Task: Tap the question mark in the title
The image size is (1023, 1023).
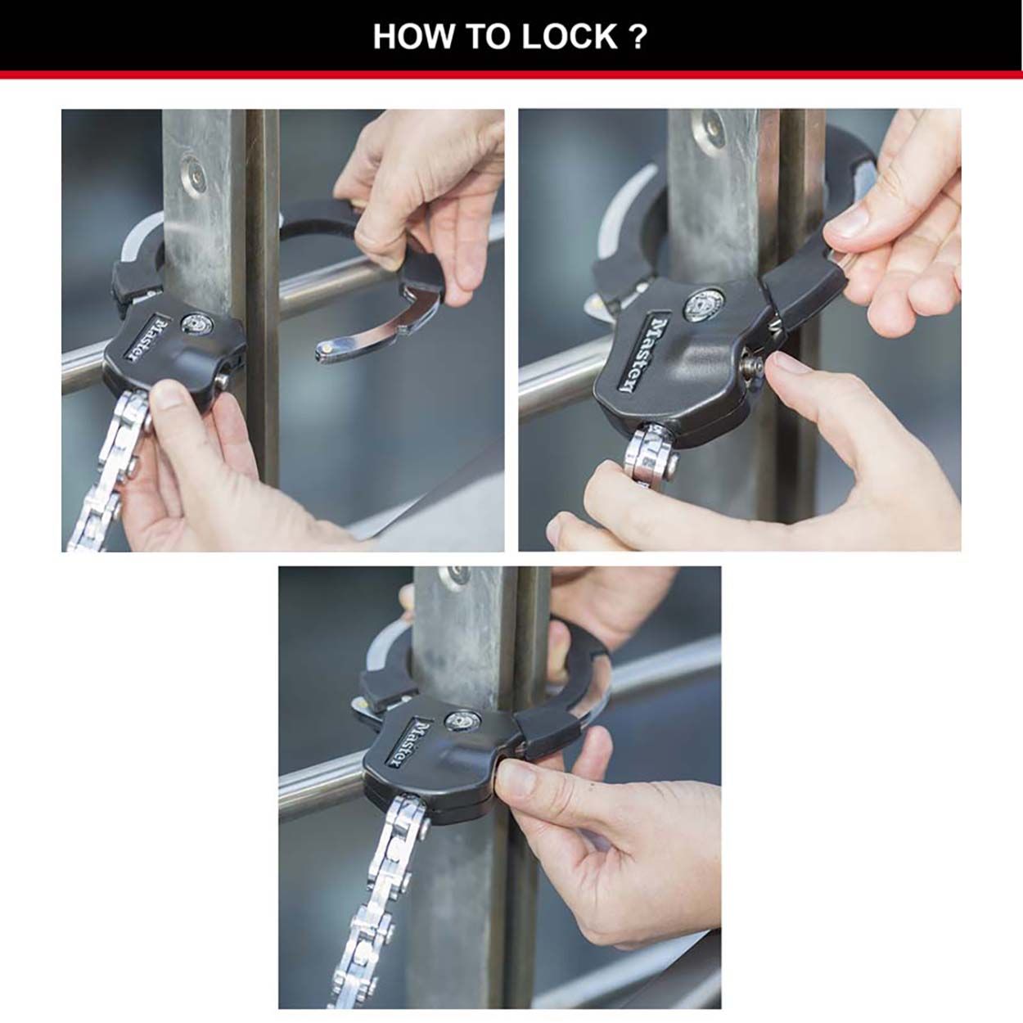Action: pyautogui.click(x=639, y=37)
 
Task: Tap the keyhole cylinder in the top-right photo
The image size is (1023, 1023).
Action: pyautogui.click(x=701, y=304)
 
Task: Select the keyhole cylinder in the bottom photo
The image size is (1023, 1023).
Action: pyautogui.click(x=457, y=722)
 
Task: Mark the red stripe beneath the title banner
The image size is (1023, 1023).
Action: pyautogui.click(x=511, y=74)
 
